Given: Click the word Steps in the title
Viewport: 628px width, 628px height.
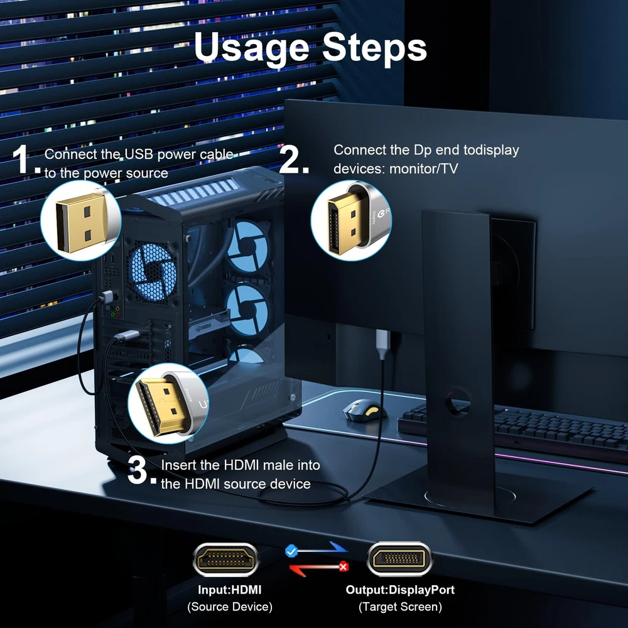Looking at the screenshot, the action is [x=374, y=47].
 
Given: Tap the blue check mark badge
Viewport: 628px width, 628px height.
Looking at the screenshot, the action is [x=291, y=551].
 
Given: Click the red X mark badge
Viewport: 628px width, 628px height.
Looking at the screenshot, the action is [x=344, y=566].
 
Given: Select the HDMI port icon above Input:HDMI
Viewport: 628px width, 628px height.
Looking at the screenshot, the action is [x=226, y=559].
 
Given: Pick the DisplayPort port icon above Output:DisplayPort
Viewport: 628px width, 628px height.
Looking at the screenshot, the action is [x=399, y=559].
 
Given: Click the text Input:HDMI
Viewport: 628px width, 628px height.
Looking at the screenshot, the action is [x=229, y=590].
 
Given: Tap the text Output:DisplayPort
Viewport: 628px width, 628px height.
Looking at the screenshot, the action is [x=400, y=590].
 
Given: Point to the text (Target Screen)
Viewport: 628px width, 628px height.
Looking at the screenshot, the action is [x=400, y=607].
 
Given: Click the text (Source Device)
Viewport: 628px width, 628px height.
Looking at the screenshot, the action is [x=229, y=607].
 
